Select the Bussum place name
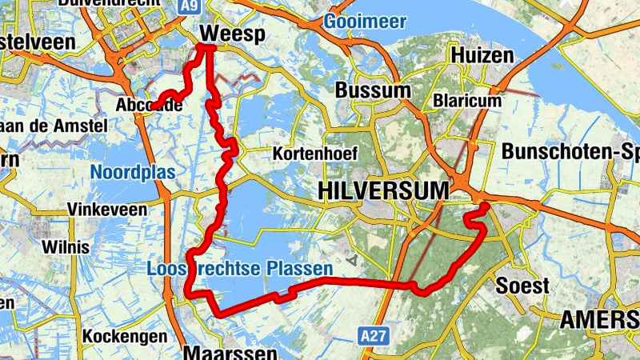[x=374, y=90]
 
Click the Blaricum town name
[x=467, y=101]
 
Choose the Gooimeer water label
[x=366, y=22]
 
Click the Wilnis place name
[x=66, y=246]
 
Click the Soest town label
[x=522, y=286]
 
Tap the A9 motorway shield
[x=189, y=6]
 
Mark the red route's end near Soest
[x=484, y=207]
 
